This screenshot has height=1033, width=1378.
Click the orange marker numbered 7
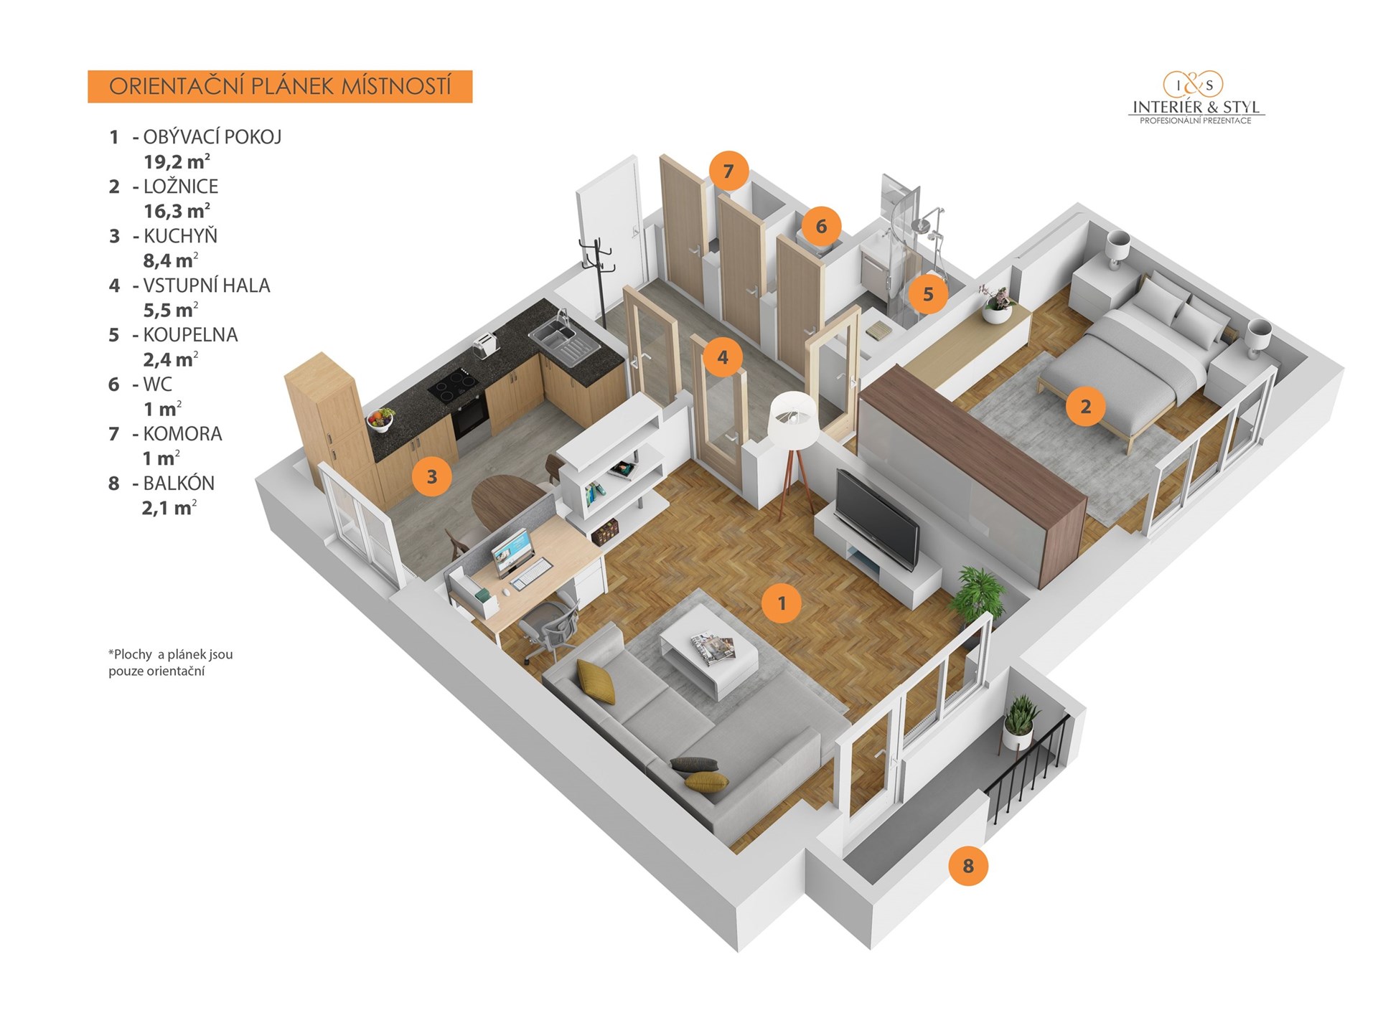coord(728,171)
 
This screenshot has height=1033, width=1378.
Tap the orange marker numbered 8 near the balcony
coord(967,866)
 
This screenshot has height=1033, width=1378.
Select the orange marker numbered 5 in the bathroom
coord(928,294)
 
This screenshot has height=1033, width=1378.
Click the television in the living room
coord(877,519)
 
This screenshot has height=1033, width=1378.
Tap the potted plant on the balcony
coord(1019,722)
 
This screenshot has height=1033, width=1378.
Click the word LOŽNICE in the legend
coord(181,187)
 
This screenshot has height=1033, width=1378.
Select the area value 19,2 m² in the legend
coord(177,161)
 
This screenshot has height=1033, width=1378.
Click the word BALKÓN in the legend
coord(179,483)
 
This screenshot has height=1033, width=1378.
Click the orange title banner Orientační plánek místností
coord(280,86)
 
